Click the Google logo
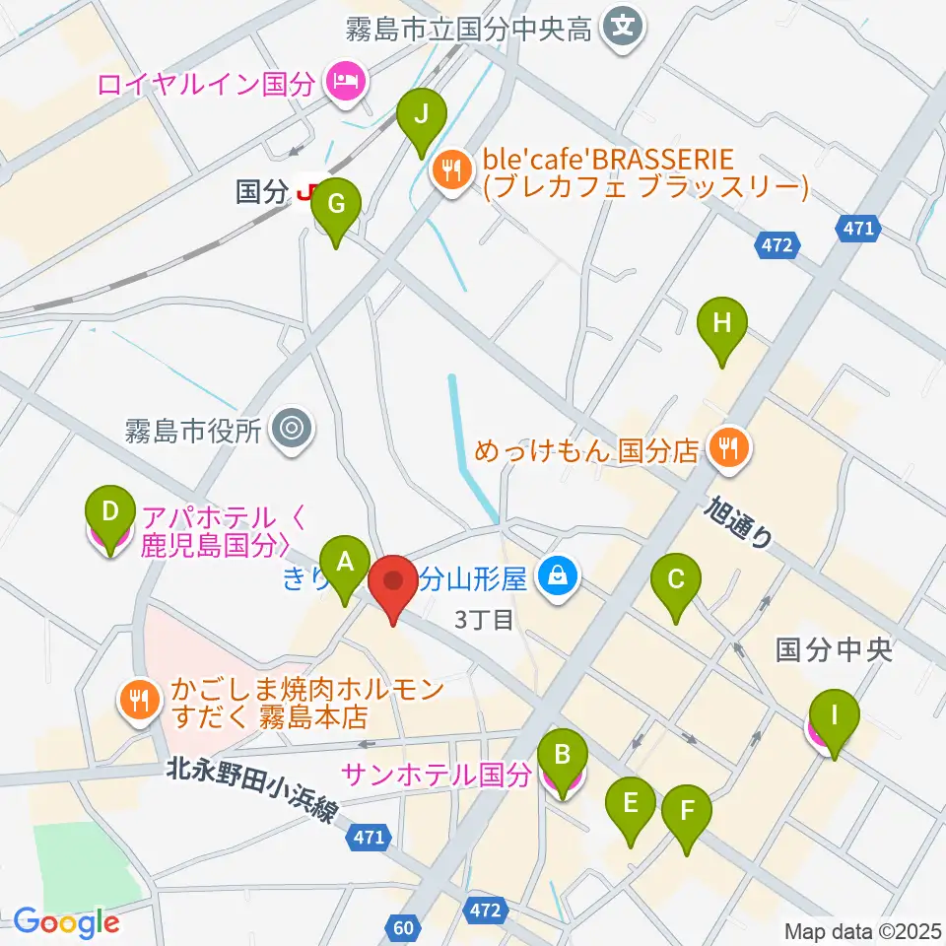pyautogui.click(x=66, y=922)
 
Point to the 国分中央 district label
pyautogui.click(x=833, y=650)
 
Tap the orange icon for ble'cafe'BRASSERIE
pyautogui.click(x=452, y=169)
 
